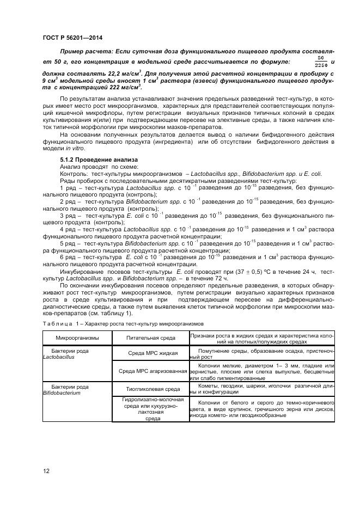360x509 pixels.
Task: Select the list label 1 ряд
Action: (x=69, y=187)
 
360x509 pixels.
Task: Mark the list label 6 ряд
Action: (x=69, y=256)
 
